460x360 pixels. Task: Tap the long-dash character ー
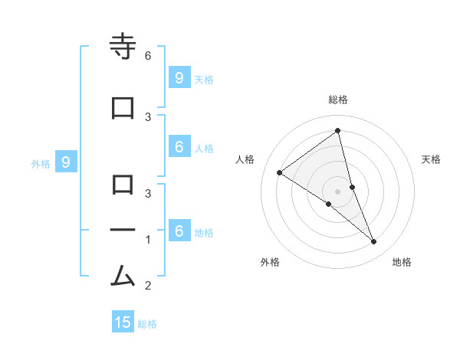tap(123, 230)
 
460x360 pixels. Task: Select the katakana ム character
tap(123, 275)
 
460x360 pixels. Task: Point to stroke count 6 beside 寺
tap(148, 56)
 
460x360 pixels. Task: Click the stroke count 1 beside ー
tap(148, 240)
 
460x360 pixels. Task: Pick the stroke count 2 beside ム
tap(148, 286)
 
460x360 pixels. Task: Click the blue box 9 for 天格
tap(179, 78)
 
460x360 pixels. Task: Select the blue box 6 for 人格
tap(179, 147)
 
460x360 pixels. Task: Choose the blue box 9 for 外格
tap(66, 162)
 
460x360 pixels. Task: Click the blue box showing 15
tap(123, 322)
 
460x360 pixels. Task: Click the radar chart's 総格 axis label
tap(338, 100)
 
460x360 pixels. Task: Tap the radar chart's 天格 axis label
tap(432, 159)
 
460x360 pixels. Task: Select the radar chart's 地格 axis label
tap(402, 262)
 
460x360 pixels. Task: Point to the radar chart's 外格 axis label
tap(270, 262)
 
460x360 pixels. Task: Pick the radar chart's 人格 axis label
tap(245, 159)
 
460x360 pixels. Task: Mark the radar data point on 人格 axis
tap(280, 172)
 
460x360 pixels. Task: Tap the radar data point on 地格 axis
tap(374, 242)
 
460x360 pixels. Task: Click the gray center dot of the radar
tap(338, 191)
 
